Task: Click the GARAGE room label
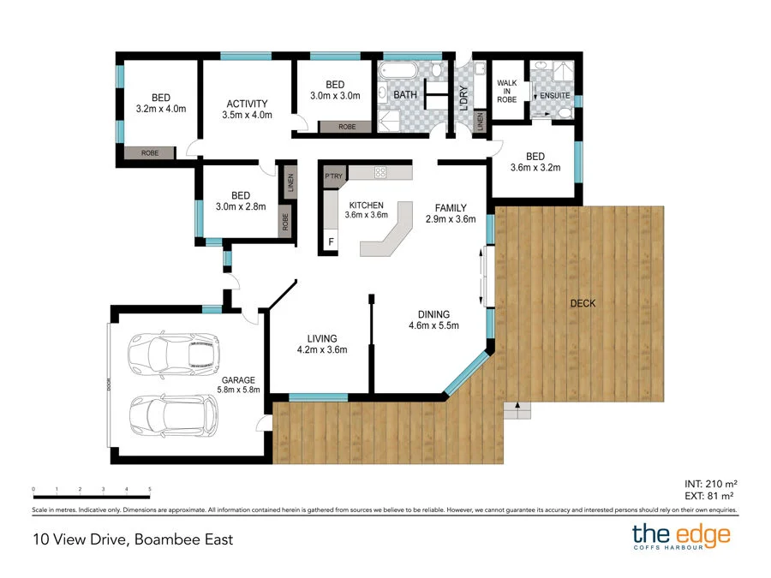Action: (x=239, y=380)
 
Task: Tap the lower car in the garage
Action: (x=174, y=415)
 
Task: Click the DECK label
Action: (x=581, y=303)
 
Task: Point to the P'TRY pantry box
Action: (x=333, y=176)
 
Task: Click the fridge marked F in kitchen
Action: (x=332, y=242)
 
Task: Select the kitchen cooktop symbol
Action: (x=380, y=172)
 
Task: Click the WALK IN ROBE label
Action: (x=508, y=90)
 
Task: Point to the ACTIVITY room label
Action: (x=247, y=104)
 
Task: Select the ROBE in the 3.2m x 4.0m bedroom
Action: (x=150, y=152)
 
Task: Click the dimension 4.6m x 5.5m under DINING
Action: (x=433, y=325)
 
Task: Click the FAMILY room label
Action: (x=451, y=207)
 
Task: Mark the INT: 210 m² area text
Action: (x=710, y=484)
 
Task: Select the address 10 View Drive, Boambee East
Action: (x=132, y=539)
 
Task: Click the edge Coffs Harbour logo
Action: (x=681, y=538)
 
